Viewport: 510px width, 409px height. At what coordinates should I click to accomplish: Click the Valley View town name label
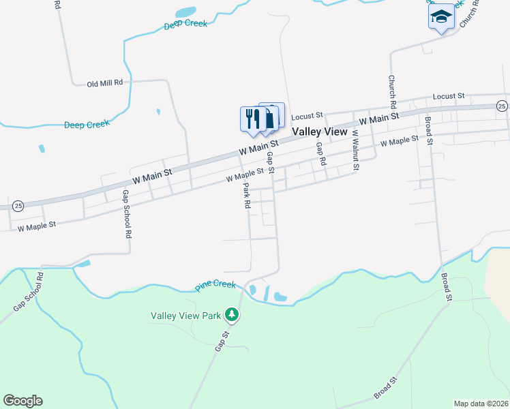320,132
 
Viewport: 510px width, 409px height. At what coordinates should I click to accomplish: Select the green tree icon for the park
232,314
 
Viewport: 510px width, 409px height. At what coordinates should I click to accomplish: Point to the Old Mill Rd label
105,83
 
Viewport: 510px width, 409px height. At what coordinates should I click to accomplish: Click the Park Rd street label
247,195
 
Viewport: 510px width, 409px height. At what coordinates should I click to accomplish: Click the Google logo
22,401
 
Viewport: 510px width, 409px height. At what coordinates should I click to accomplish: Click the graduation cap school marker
441,17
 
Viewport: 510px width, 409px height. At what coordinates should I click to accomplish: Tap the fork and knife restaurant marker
253,119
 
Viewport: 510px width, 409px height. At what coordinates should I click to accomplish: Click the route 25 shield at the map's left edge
18,205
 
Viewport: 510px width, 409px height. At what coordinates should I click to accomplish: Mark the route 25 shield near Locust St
502,106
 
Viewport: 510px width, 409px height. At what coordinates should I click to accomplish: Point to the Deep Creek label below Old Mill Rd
87,125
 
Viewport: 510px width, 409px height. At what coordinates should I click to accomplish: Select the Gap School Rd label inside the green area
28,292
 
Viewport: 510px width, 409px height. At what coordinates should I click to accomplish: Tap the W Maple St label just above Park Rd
245,176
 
